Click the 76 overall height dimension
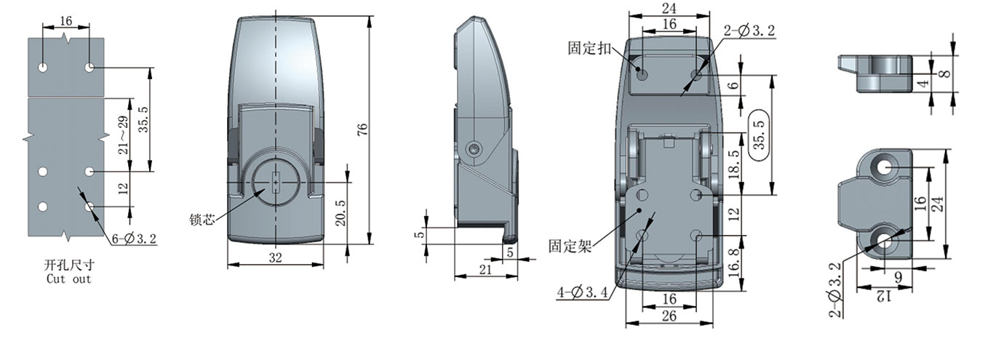pyautogui.click(x=362, y=129)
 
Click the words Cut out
pyautogui.click(x=69, y=279)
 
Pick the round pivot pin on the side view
pyautogui.click(x=475, y=148)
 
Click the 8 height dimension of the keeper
pyautogui.click(x=945, y=73)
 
